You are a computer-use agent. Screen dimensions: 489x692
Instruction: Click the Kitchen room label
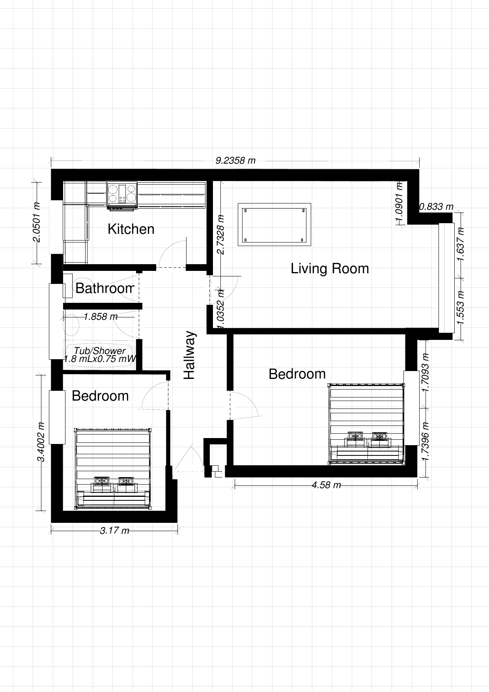131,229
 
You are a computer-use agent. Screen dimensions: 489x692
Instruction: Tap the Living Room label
330,269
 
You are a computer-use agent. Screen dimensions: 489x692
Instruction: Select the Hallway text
190,355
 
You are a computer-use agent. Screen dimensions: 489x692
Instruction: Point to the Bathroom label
105,288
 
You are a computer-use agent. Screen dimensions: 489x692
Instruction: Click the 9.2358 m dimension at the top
235,160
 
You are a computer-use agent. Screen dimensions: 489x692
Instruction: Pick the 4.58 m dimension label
326,485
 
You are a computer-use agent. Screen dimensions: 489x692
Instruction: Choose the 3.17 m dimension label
114,531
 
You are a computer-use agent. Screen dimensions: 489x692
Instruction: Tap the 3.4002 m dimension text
41,442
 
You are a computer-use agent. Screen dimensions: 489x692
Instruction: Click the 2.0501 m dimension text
36,223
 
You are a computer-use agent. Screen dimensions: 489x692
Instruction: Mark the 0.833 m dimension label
436,207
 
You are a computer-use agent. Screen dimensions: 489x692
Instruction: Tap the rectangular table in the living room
274,225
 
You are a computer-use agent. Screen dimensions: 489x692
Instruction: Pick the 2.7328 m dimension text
221,235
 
